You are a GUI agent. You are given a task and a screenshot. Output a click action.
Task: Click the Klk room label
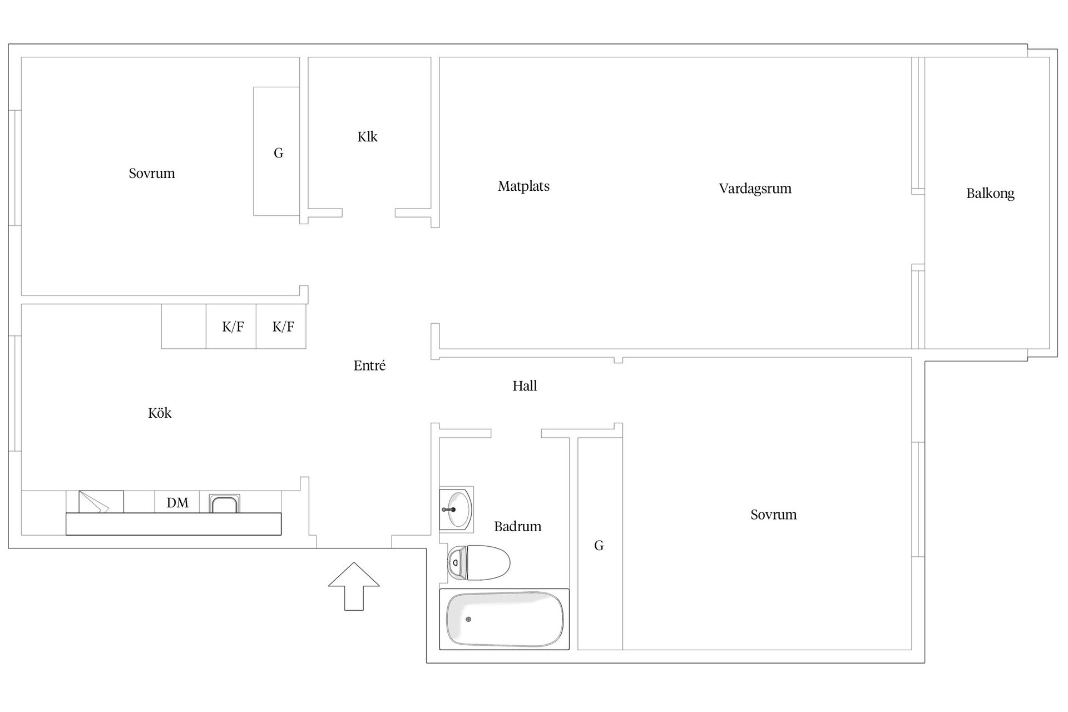click(x=367, y=137)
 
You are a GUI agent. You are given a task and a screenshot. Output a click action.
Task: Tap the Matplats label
click(x=523, y=186)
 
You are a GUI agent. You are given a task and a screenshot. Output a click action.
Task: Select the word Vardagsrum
click(x=755, y=189)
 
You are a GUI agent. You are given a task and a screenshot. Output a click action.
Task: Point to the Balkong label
click(x=990, y=194)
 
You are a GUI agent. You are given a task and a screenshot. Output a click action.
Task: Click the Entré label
click(x=369, y=365)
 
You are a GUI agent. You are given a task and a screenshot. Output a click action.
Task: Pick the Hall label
click(x=525, y=386)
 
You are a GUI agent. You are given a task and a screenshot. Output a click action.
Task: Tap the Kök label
click(x=160, y=413)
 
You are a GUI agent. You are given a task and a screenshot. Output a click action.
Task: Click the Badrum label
click(x=517, y=526)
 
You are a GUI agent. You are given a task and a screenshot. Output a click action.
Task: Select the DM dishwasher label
click(x=177, y=503)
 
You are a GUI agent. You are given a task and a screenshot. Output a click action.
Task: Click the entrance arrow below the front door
click(x=354, y=586)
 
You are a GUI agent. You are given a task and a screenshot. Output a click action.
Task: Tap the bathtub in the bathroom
click(x=505, y=619)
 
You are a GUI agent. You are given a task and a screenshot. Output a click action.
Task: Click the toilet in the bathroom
click(x=478, y=563)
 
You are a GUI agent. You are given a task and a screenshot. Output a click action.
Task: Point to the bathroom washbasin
click(x=456, y=509)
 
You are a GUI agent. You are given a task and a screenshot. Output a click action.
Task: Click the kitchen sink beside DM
click(x=225, y=503)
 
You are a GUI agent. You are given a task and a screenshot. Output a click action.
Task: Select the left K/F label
click(x=233, y=327)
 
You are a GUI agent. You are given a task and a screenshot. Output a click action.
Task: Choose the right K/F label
click(x=283, y=327)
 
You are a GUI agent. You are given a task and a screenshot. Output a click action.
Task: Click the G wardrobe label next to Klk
click(x=279, y=153)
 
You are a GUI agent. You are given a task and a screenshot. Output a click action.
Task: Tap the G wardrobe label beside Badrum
click(x=599, y=546)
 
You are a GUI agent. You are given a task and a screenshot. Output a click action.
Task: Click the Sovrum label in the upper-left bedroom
click(x=152, y=174)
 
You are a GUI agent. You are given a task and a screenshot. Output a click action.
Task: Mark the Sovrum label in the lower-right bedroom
click(x=773, y=515)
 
